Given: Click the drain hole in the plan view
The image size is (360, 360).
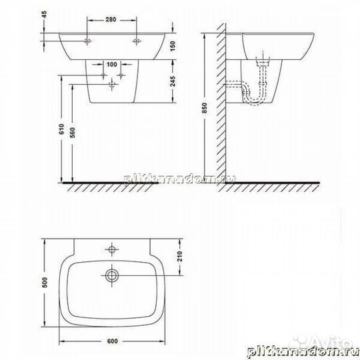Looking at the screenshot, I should tap(112, 274).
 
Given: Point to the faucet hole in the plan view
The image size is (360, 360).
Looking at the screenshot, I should tap(112, 251).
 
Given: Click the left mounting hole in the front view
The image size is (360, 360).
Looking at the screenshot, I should tap(87, 41).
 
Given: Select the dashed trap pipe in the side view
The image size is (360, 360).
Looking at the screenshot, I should tap(252, 90).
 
